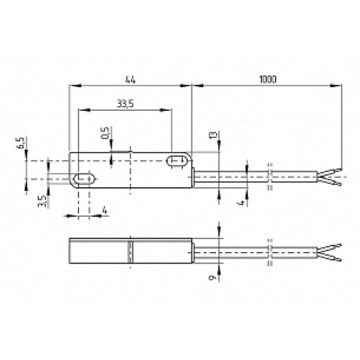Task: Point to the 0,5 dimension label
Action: click(x=105, y=134)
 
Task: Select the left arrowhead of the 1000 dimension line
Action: click(x=195, y=84)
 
